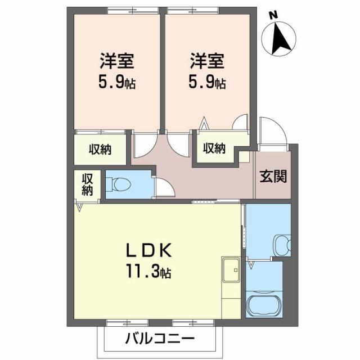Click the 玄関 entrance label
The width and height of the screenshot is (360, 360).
[x=273, y=176]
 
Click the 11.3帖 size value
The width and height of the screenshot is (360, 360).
[x=148, y=273]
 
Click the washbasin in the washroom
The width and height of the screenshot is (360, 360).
[x=282, y=244]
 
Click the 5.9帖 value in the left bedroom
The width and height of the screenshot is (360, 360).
[x=117, y=84]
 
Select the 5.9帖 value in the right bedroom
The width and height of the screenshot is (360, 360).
[x=207, y=84]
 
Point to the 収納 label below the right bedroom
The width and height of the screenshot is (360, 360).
[x=214, y=148]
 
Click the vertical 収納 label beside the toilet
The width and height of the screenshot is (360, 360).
[x=88, y=184]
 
